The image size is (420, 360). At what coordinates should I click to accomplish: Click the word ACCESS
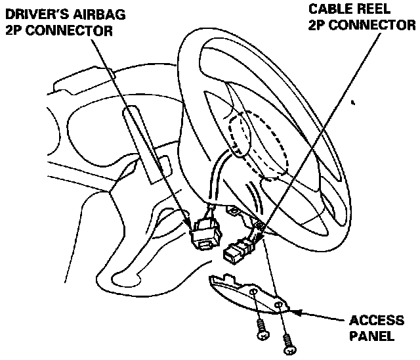(x=376, y=321)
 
